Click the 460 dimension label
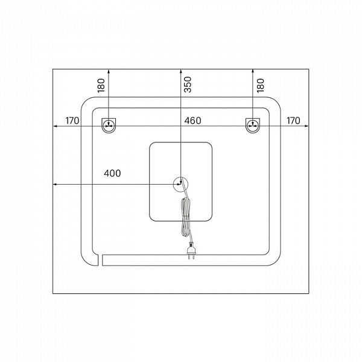click(x=192, y=121)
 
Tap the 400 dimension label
click(x=112, y=173)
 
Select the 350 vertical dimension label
click(x=188, y=84)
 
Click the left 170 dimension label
click(x=72, y=121)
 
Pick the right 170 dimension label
click(x=293, y=121)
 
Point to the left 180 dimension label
click(x=101, y=86)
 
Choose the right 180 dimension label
click(x=261, y=86)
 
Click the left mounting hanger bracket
click(x=109, y=126)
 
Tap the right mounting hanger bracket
click(x=253, y=126)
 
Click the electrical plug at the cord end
click(x=192, y=250)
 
